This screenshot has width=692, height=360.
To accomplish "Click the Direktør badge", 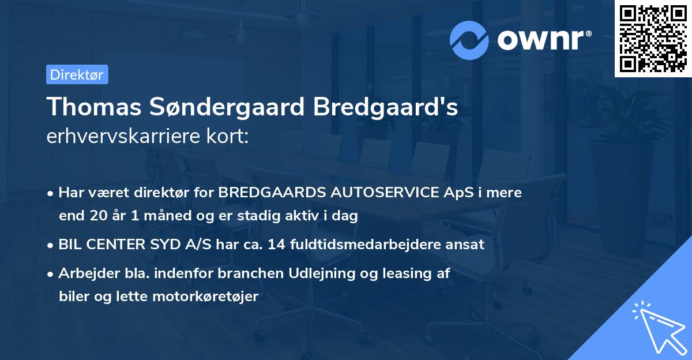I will pos(77,74).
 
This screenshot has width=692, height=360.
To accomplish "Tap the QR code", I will pos(653,39).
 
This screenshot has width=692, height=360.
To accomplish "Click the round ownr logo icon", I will pos(470,40).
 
